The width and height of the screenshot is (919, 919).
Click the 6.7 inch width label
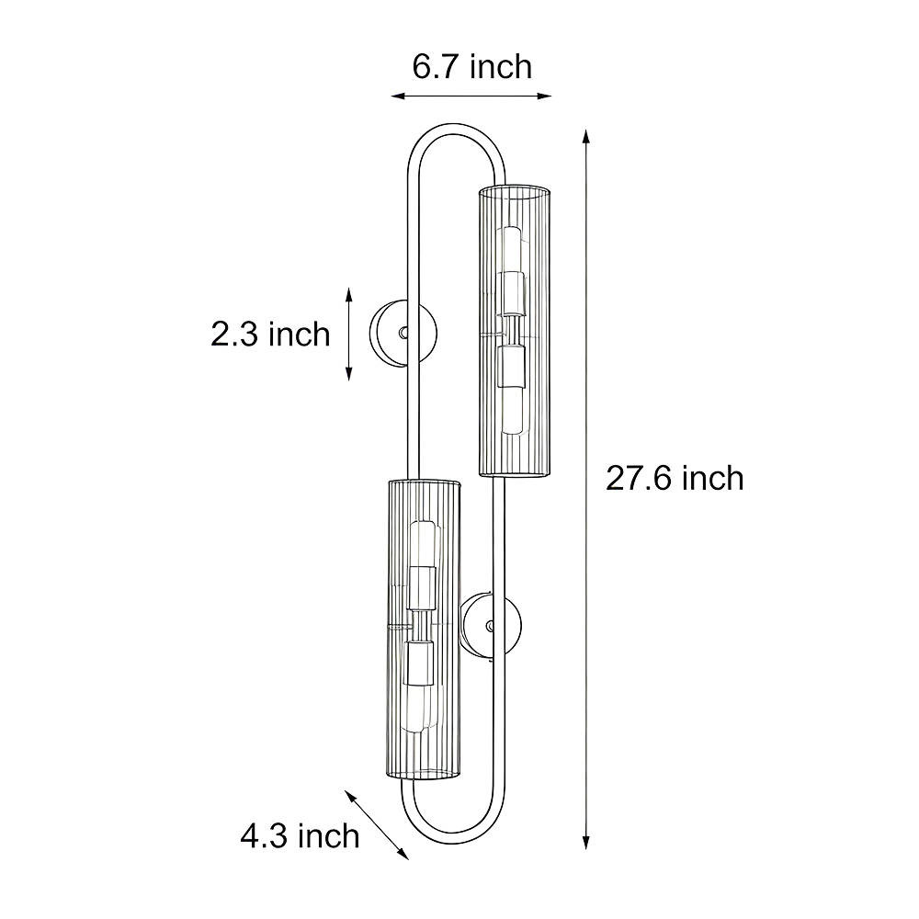[471, 66]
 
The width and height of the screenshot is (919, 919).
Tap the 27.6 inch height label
[675, 478]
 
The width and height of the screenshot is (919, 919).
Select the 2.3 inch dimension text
[270, 335]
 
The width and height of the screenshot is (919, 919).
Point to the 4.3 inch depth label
[300, 835]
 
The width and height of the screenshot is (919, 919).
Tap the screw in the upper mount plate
[403, 333]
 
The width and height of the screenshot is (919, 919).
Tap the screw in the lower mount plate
[491, 627]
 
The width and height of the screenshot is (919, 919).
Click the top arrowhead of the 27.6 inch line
[585, 137]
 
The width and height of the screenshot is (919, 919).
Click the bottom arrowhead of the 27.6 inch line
[585, 842]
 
